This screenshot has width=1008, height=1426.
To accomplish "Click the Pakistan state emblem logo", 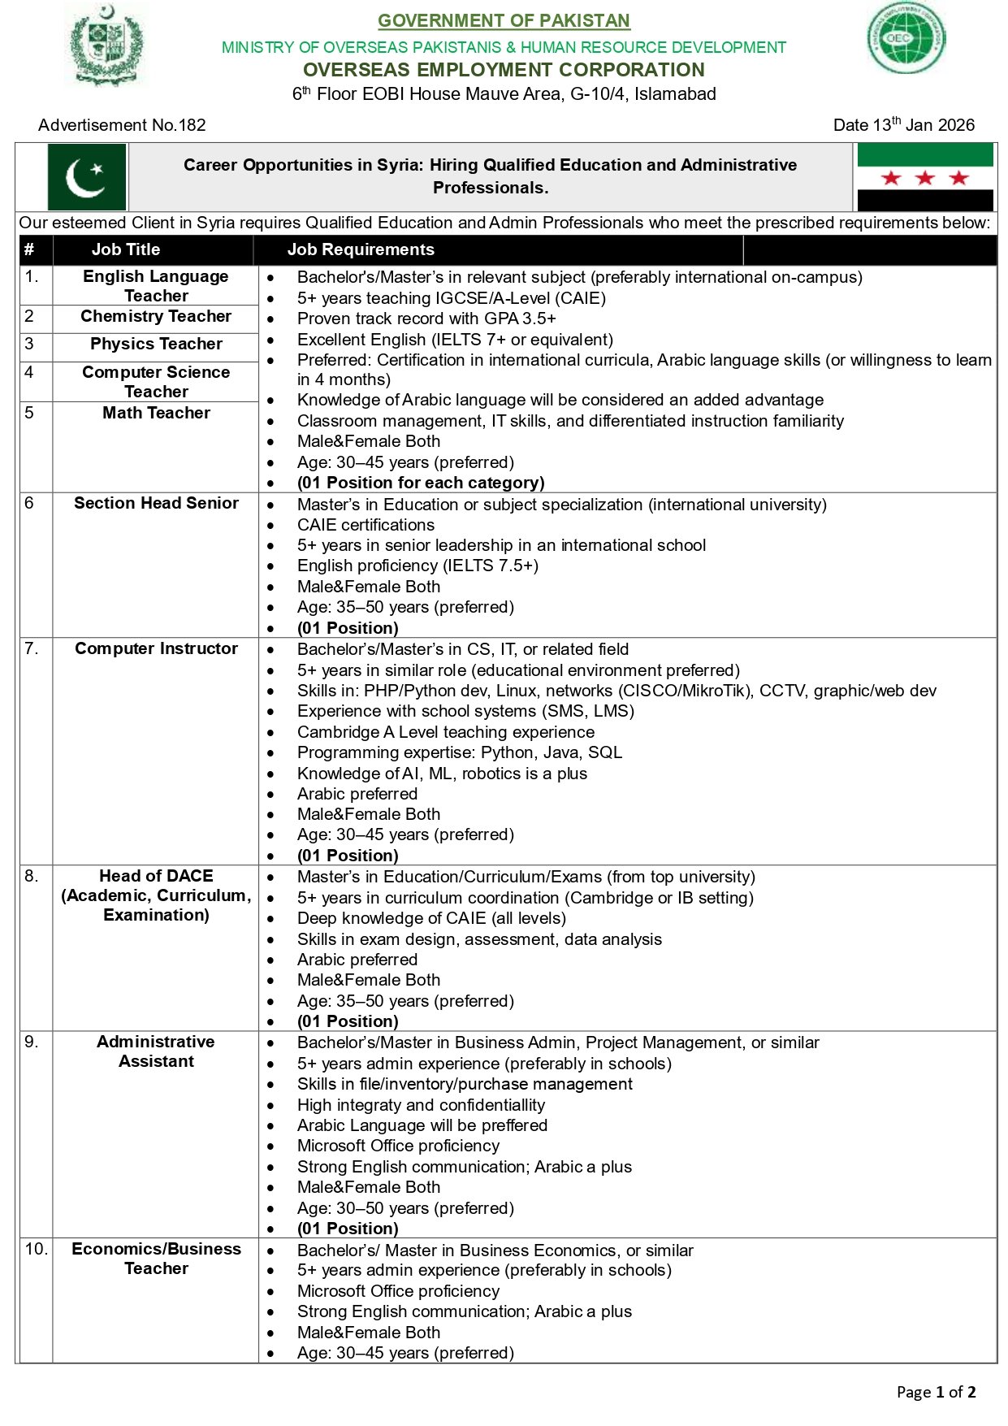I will coord(107,45).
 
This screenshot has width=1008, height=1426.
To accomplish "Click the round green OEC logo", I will coord(906,37).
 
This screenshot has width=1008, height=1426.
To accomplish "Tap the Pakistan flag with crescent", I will coord(87,177).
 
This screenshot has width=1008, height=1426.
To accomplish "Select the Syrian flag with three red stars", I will coord(924,177).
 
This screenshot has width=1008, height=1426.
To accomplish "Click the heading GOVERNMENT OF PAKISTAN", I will coord(504,20).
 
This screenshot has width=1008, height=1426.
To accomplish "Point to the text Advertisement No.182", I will coord(122,125).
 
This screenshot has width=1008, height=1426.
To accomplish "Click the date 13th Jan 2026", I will coord(903,125).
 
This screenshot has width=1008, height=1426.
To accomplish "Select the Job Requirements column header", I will coord(361,249).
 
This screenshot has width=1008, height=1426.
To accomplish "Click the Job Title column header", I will coord(126,249).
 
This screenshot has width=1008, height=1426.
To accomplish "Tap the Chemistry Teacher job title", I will coord(156,316).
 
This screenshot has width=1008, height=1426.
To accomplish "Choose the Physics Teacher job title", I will coord(156,344).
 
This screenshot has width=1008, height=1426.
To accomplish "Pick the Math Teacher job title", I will coord(156,413).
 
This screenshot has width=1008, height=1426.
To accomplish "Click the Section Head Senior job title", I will coord(156,503).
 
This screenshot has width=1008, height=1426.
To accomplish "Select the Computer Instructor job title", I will coord(156,648).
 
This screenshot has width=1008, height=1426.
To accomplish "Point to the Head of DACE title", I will coord(156,895).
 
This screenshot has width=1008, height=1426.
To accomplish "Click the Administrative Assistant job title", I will coord(156,1051).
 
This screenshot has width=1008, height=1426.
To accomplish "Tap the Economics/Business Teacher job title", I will coord(156,1258).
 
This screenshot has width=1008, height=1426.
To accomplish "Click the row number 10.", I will coord(36,1249).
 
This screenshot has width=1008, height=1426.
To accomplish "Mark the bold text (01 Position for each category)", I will coord(421,483).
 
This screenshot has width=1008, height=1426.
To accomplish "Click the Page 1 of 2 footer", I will coord(936,1392).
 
